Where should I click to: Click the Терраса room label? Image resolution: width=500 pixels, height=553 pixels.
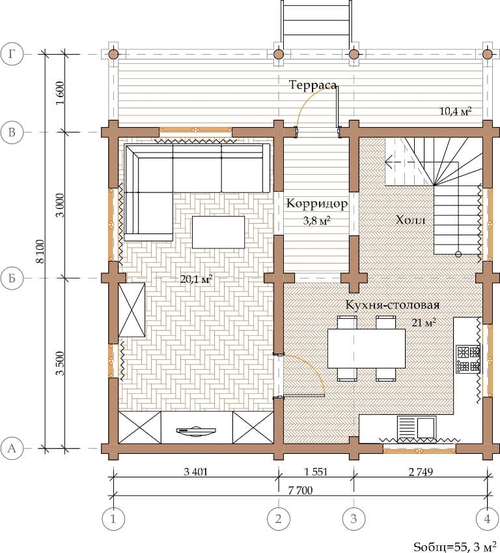[x=312, y=85]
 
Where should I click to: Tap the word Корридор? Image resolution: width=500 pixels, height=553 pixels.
[x=317, y=203]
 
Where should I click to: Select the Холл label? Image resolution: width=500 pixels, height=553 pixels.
[x=411, y=220]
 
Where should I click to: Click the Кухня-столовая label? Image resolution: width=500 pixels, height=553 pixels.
[x=393, y=305]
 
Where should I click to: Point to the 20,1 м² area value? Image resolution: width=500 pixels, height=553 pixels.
[x=196, y=279]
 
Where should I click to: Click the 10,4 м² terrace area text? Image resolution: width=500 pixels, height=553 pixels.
[x=456, y=111]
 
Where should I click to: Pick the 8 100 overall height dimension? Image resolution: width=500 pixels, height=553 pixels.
[x=40, y=252]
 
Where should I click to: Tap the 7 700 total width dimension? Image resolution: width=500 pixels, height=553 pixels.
[x=300, y=490]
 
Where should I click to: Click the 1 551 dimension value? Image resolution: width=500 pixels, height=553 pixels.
[x=316, y=471]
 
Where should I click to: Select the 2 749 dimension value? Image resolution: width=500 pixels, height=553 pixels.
[x=421, y=471]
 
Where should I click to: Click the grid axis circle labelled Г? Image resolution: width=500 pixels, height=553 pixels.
[x=12, y=54]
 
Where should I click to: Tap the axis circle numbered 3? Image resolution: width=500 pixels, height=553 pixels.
[x=354, y=518]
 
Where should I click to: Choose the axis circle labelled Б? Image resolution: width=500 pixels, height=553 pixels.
[x=12, y=278]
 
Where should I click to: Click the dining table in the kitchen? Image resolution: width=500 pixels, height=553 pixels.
[x=366, y=348]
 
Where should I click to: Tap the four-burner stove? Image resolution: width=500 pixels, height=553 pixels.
[x=468, y=359]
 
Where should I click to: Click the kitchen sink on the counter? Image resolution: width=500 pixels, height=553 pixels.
[x=417, y=428]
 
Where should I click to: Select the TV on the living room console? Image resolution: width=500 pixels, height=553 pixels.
[x=196, y=431]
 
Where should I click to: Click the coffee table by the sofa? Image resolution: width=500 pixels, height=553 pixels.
[x=218, y=232]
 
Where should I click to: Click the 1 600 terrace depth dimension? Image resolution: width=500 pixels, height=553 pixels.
[x=60, y=93]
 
